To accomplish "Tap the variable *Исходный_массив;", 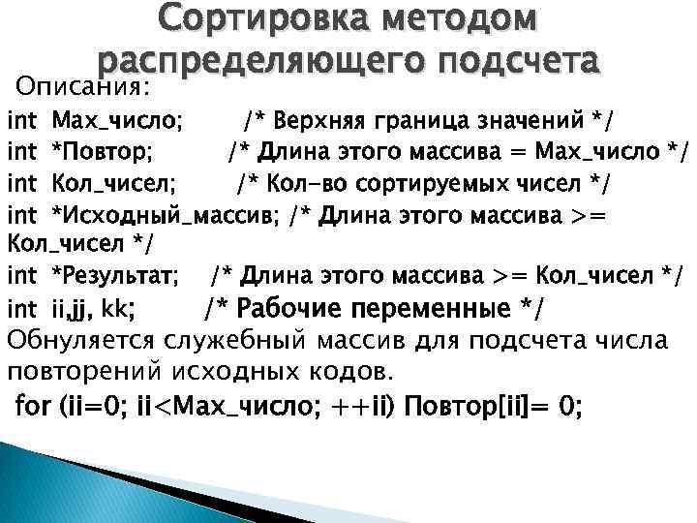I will [x=164, y=214].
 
